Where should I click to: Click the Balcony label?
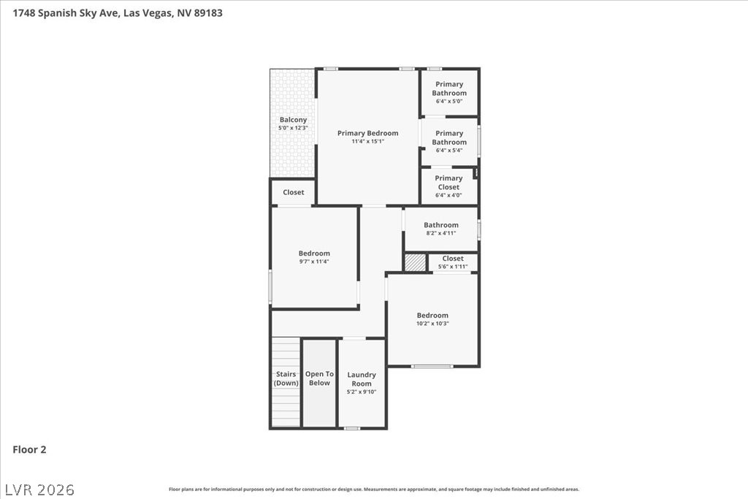pyautogui.click(x=293, y=120)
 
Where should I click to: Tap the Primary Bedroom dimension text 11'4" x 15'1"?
pyautogui.click(x=368, y=141)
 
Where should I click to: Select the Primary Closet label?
pyautogui.click(x=449, y=182)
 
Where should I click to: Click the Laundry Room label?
pyautogui.click(x=362, y=379)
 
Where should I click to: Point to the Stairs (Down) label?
pyautogui.click(x=286, y=378)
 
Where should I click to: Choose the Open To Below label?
pyautogui.click(x=320, y=378)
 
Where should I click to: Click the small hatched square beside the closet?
pyautogui.click(x=415, y=262)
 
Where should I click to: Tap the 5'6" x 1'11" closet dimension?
pyautogui.click(x=453, y=267)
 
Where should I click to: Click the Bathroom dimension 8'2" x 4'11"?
pyautogui.click(x=441, y=233)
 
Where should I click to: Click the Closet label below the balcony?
pyautogui.click(x=294, y=192)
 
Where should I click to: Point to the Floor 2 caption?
pyautogui.click(x=29, y=449)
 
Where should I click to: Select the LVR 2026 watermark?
pyautogui.click(x=40, y=490)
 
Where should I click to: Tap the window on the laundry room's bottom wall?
pyautogui.click(x=352, y=428)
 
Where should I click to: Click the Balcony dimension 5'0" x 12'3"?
pyautogui.click(x=293, y=128)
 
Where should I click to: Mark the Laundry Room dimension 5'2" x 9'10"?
pyautogui.click(x=362, y=392)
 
